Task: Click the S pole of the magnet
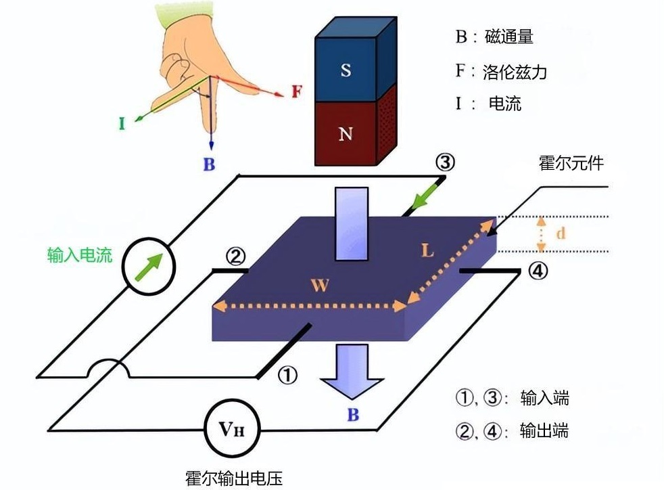346,69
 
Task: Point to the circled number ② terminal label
235,257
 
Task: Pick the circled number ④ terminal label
537,271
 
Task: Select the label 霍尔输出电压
233,478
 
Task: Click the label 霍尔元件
571,163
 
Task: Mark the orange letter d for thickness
560,233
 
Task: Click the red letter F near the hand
295,91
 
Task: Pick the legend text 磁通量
508,37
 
